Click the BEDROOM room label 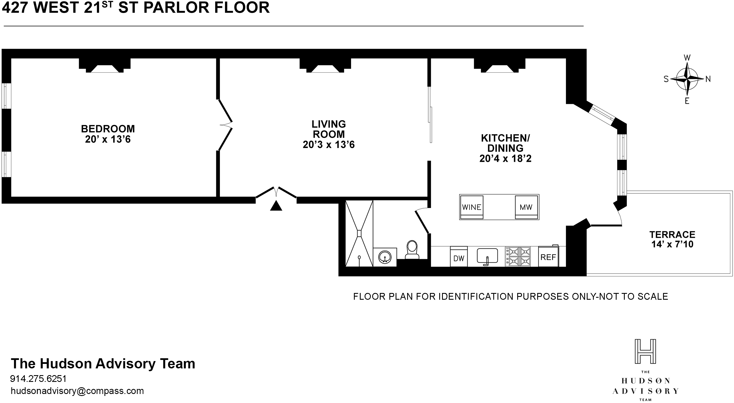coord(108,129)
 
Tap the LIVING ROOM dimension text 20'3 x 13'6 coord(329,145)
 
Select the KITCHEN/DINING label coord(505,143)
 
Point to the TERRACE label coord(672,234)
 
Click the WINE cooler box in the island coord(472,207)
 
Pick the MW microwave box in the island coord(526,207)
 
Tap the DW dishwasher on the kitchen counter coord(459,257)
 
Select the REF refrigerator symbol coord(548,257)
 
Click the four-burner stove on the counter coord(518,256)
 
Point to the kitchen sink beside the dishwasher coord(487,256)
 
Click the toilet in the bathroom coord(412,250)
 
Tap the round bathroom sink coord(385,257)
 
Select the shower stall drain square coord(359,233)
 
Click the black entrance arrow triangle coord(276,206)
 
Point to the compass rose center coord(687,79)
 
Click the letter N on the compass coord(708,79)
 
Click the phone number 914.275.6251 coord(38,379)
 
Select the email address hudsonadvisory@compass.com coord(77,391)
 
